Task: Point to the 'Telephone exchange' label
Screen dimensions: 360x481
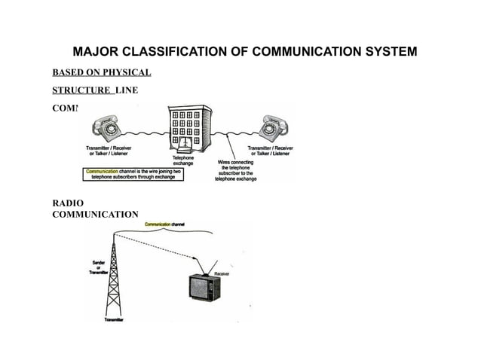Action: coord(184,160)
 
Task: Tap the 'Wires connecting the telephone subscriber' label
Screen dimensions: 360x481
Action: coord(235,170)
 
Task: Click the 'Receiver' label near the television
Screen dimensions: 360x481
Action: coord(222,273)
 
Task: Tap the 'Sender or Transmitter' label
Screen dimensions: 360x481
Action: coord(99,267)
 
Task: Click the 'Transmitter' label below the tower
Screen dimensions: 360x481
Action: coord(114,321)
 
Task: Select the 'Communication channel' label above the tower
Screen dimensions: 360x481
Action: coord(165,224)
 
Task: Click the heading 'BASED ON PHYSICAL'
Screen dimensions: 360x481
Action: coord(101,73)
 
